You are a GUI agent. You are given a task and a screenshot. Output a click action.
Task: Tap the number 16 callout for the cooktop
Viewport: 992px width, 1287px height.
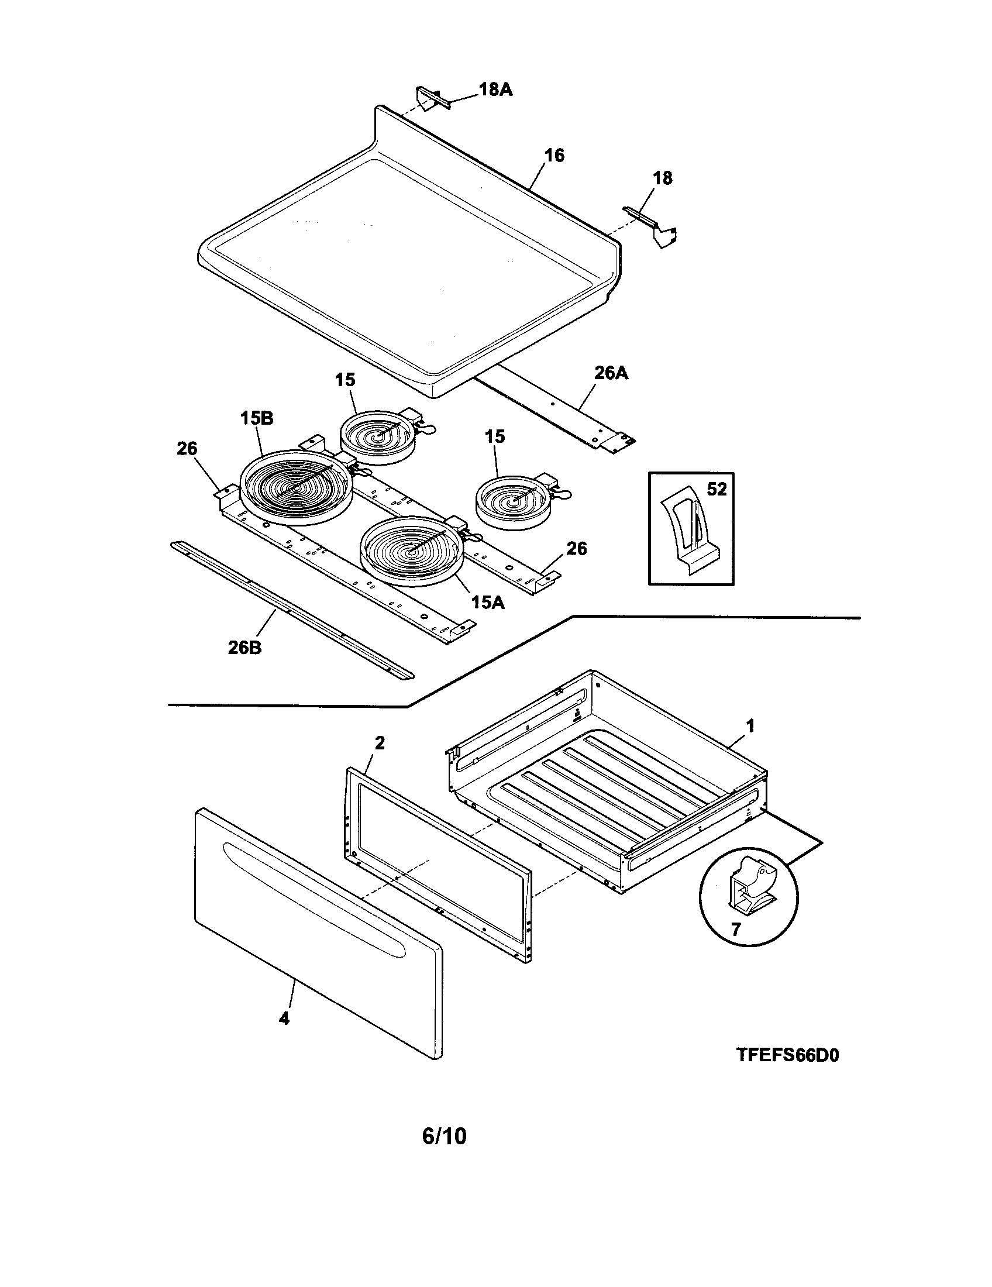(554, 156)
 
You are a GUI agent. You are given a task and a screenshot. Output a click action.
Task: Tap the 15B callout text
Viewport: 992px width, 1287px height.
(256, 418)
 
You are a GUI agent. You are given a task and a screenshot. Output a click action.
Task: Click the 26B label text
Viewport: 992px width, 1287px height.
(244, 648)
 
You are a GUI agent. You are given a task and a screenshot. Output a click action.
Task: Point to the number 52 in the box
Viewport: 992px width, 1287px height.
(717, 489)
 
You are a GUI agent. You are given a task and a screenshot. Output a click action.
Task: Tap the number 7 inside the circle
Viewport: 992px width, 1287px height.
(735, 930)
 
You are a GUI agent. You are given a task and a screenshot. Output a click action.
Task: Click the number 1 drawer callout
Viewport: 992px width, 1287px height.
(750, 726)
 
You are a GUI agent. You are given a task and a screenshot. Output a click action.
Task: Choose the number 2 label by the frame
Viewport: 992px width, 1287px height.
(380, 744)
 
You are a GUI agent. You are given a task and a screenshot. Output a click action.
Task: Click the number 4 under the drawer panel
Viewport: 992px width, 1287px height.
(284, 1018)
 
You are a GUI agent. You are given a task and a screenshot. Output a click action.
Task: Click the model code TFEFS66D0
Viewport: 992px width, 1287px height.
(787, 1055)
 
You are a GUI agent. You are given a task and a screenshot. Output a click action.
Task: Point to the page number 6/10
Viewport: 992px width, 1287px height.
(444, 1135)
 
